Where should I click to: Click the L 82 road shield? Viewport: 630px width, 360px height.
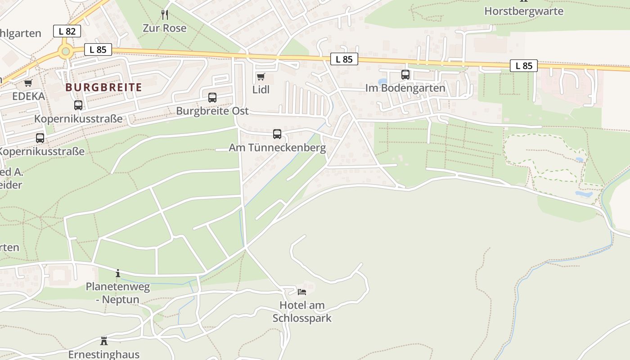click(x=67, y=31)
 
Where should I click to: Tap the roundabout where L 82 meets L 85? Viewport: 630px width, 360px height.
click(x=66, y=52)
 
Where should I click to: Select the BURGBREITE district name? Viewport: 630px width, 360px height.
click(x=103, y=87)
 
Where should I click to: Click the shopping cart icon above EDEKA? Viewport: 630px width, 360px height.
click(x=28, y=83)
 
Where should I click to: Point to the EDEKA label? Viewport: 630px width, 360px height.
click(x=28, y=96)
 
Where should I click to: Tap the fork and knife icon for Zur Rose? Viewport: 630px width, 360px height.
click(x=165, y=15)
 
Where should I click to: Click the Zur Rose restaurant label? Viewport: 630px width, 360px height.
click(x=165, y=28)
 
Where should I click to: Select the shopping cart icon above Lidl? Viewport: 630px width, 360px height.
click(x=261, y=77)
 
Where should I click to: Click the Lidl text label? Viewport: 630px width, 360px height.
click(x=261, y=90)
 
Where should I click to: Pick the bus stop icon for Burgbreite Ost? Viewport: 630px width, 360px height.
click(x=212, y=98)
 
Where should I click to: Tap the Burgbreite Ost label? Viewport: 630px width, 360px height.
click(x=212, y=111)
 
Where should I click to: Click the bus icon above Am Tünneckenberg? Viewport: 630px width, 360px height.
click(x=277, y=134)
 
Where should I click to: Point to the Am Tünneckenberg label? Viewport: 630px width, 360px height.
click(x=277, y=148)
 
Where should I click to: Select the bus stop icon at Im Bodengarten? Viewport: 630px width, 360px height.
click(x=405, y=75)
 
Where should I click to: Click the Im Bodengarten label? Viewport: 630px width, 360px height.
click(x=405, y=88)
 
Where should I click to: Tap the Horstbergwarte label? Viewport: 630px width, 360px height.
click(x=524, y=11)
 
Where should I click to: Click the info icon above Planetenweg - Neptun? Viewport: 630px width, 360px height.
click(x=118, y=273)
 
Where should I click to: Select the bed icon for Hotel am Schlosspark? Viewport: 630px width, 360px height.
click(x=302, y=292)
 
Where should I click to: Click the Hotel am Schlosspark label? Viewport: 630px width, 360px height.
click(x=302, y=311)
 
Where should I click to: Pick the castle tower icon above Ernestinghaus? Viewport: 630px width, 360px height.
click(x=104, y=341)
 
